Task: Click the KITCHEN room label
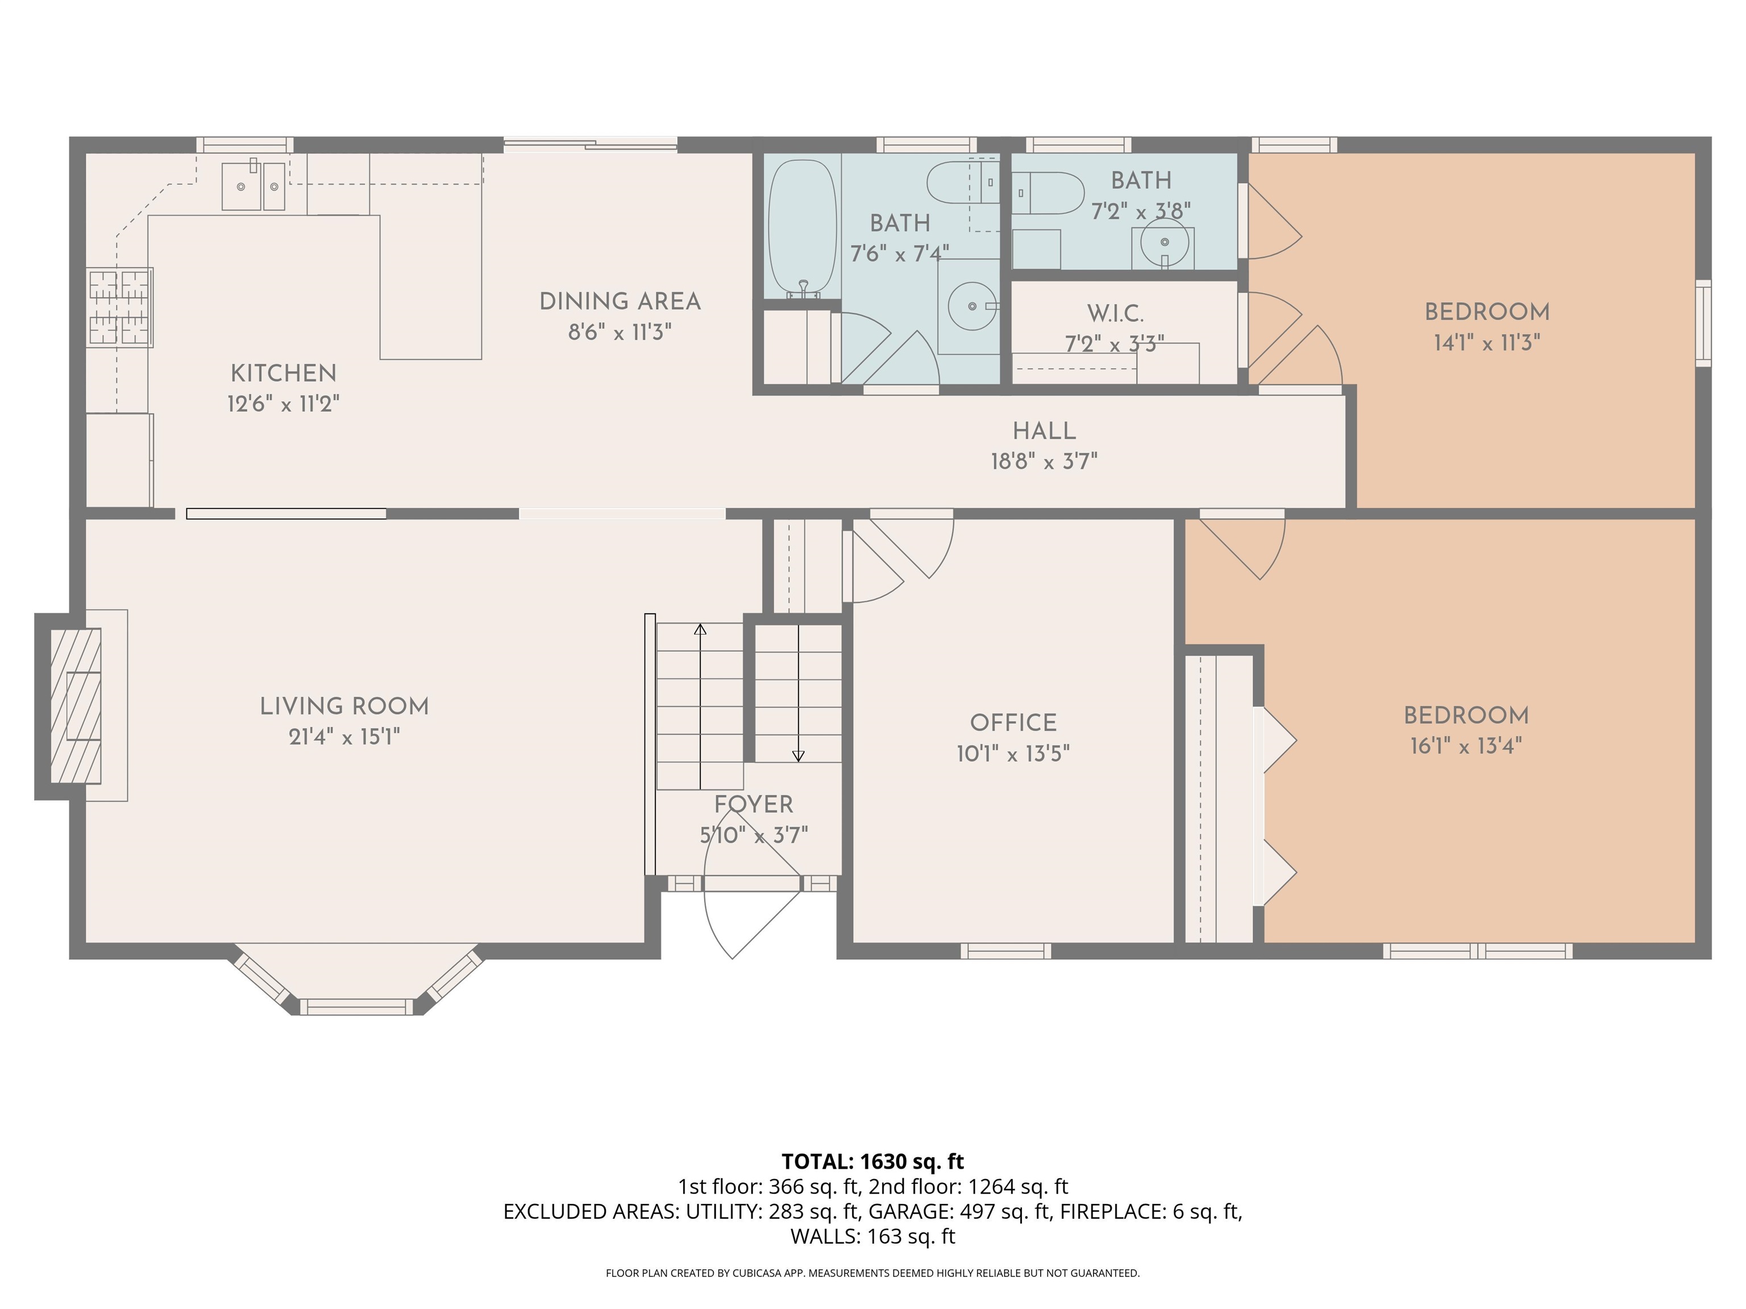pos(284,373)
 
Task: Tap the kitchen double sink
pos(252,186)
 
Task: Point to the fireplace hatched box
pos(76,706)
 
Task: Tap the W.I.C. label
pos(1115,314)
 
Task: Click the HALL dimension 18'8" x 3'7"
pos(1044,461)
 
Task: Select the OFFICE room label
pos(1013,723)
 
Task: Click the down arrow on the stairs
pos(798,756)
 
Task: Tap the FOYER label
pos(754,805)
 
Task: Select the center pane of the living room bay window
pos(357,1007)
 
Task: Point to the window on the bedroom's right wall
pos(1703,323)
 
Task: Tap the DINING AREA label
pos(620,302)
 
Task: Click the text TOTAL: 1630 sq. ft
pos(872,1161)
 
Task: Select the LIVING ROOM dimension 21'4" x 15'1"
pos(344,737)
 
